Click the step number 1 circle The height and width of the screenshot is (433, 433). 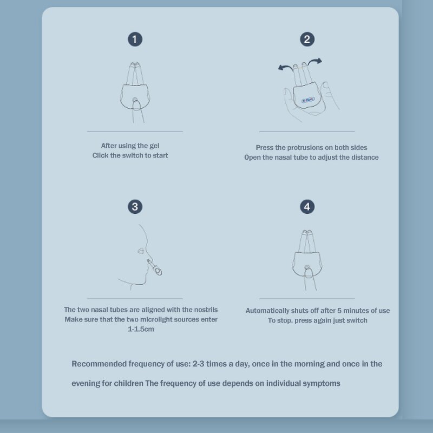[135, 39]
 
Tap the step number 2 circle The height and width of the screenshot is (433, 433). [307, 39]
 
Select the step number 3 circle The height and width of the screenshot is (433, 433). [135, 206]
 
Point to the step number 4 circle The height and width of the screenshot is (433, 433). [307, 206]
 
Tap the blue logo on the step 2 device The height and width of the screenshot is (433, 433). [308, 100]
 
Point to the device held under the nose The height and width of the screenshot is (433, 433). [156, 265]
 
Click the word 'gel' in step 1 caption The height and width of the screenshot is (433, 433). [154, 146]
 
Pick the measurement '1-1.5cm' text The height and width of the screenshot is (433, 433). [141, 329]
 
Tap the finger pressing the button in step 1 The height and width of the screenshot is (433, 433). [135, 107]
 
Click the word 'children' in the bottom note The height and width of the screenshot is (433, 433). [129, 383]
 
